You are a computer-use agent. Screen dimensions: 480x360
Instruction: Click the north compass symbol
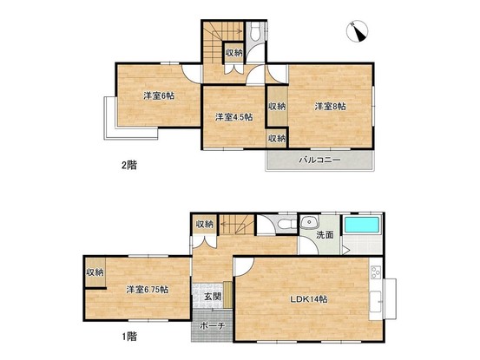[357, 31]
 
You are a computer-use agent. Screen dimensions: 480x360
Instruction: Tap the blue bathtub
[362, 226]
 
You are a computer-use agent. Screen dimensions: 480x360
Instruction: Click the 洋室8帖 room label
[331, 107]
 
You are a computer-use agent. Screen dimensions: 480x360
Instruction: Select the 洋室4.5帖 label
[233, 117]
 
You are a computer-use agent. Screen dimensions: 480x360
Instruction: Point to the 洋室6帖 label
[159, 96]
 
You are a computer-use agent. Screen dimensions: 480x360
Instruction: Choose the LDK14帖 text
[309, 299]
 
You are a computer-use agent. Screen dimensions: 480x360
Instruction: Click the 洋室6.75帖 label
[148, 290]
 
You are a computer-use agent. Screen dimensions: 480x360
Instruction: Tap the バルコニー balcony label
[320, 160]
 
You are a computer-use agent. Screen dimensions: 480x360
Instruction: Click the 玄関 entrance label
[213, 297]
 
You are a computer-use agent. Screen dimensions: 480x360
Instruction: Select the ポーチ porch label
[213, 326]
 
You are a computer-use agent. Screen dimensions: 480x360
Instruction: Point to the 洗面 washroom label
[325, 235]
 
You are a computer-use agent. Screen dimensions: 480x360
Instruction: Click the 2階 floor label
[129, 166]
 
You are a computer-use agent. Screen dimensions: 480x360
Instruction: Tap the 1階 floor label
[129, 337]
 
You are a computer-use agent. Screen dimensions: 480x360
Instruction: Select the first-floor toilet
[286, 224]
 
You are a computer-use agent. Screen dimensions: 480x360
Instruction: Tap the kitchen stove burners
[376, 272]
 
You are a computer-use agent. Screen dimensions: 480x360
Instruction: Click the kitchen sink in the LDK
[375, 301]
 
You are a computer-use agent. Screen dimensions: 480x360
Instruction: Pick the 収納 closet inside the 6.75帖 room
[95, 272]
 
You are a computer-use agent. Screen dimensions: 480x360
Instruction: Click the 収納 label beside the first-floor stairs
[205, 224]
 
